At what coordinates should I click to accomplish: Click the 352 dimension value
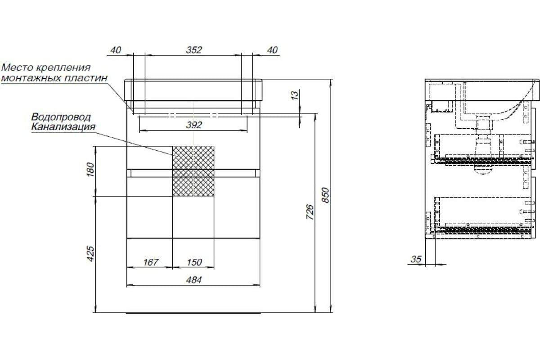point(194,50)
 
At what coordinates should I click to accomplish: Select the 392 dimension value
point(194,125)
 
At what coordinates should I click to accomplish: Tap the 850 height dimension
point(325,195)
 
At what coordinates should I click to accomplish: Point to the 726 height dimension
point(310,212)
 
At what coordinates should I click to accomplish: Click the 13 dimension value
point(295,95)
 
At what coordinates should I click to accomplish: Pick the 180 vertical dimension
point(90,170)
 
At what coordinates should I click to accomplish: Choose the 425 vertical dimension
point(90,254)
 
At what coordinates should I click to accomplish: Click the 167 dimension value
point(151,262)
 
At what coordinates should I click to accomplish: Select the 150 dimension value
point(194,262)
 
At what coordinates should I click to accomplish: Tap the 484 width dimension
point(194,280)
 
